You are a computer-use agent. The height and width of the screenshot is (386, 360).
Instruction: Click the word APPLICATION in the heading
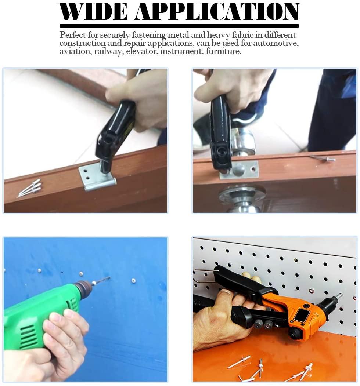pos(217,11)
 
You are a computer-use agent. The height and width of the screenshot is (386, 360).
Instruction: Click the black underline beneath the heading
pos(179,26)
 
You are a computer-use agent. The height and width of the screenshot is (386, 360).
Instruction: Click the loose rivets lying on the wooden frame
pos(29,188)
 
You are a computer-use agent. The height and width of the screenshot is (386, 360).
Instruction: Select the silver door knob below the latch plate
pos(242,199)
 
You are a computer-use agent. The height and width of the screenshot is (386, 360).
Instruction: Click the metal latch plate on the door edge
pos(240,170)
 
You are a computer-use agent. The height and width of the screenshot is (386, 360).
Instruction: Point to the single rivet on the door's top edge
pos(323,158)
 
